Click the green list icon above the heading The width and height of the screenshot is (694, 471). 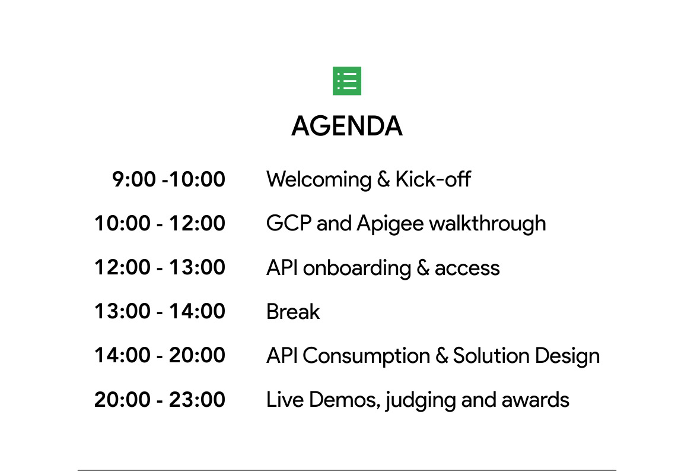pyautogui.click(x=347, y=81)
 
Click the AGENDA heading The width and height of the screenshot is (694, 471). pyautogui.click(x=347, y=127)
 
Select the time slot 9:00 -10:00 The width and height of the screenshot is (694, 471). pyautogui.click(x=168, y=179)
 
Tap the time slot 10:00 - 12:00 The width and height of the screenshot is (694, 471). pyautogui.click(x=160, y=223)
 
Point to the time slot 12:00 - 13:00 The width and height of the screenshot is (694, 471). pyautogui.click(x=160, y=268)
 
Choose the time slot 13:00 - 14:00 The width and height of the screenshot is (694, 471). pyautogui.click(x=160, y=311)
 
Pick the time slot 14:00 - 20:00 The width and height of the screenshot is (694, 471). pyautogui.click(x=160, y=355)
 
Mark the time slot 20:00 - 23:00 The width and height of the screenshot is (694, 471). pyautogui.click(x=160, y=400)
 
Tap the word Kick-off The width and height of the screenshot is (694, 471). pyautogui.click(x=433, y=179)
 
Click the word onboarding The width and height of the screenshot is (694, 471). pyautogui.click(x=356, y=268)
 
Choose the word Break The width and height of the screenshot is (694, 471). pyautogui.click(x=293, y=311)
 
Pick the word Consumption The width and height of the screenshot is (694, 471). pyautogui.click(x=367, y=357)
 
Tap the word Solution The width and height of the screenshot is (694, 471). pyautogui.click(x=491, y=355)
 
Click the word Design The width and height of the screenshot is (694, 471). pyautogui.click(x=568, y=357)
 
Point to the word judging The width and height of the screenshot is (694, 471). pyautogui.click(x=421, y=401)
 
